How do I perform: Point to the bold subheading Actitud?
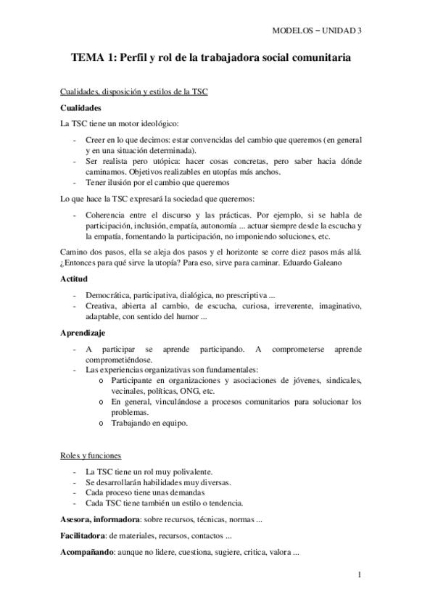pyautogui.click(x=73, y=278)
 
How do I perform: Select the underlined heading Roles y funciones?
pyautogui.click(x=91, y=455)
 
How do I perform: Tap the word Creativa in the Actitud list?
pyautogui.click(x=102, y=307)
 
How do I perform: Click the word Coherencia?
pyautogui.click(x=107, y=215)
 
